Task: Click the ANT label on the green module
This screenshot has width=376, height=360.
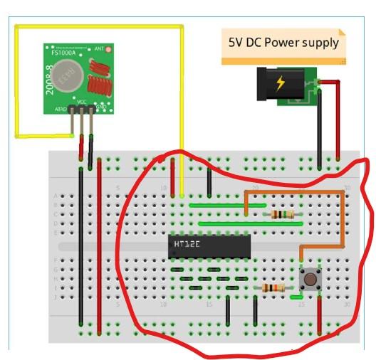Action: [99, 48]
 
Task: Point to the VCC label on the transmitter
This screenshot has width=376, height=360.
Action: [82, 102]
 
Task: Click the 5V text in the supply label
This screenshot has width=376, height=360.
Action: [236, 43]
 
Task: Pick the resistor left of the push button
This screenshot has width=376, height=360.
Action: [273, 287]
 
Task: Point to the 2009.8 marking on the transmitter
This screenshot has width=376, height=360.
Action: [50, 77]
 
